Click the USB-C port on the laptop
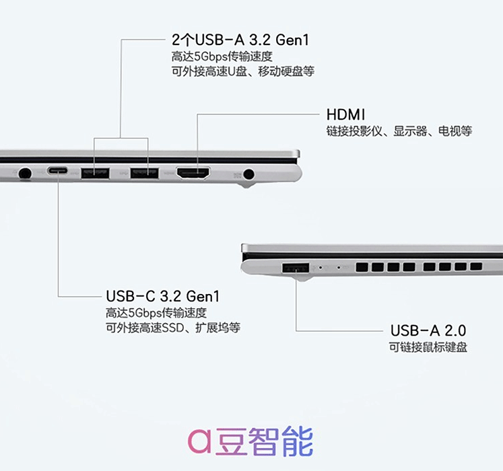tap(57, 171)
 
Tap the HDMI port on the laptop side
tap(193, 173)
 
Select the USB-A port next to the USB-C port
tap(95, 173)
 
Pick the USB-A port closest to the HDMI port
tap(144, 173)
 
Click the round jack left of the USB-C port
tap(25, 174)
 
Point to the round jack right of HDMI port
tap(248, 174)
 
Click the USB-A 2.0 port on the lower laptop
tap(296, 268)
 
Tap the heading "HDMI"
tap(346, 114)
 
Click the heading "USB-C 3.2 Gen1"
tap(163, 296)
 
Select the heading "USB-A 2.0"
tap(428, 330)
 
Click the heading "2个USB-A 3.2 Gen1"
tap(240, 40)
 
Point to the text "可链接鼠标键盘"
tap(428, 347)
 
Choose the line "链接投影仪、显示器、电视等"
tap(399, 131)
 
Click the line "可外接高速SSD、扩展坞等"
tap(173, 328)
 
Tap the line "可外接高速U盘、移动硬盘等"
tap(243, 71)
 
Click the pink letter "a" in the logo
tap(199, 441)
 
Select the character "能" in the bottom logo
tap(298, 441)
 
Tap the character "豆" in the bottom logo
tap(231, 441)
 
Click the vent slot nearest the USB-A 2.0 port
tap(362, 267)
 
